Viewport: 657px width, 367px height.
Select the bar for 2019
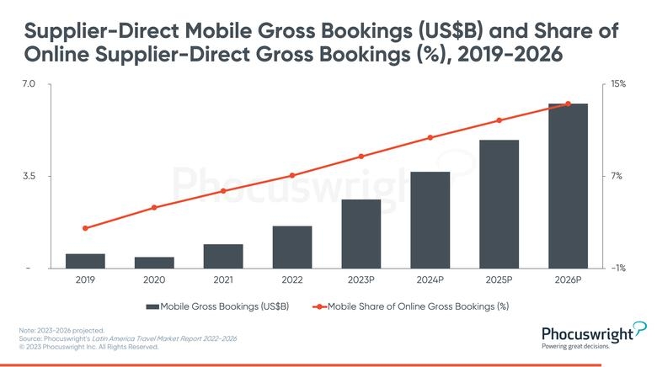[85, 261]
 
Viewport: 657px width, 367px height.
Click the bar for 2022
[292, 247]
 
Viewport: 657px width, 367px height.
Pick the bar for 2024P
[430, 220]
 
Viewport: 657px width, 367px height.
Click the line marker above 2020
[154, 207]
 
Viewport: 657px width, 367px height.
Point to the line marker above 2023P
[361, 157]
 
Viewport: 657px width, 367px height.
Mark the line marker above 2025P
[499, 120]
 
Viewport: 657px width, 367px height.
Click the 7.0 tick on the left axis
[28, 84]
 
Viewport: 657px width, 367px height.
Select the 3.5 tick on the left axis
[28, 176]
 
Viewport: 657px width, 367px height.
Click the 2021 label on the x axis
[223, 279]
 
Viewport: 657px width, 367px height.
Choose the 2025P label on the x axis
[499, 279]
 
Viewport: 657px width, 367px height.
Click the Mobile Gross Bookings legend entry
[217, 306]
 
